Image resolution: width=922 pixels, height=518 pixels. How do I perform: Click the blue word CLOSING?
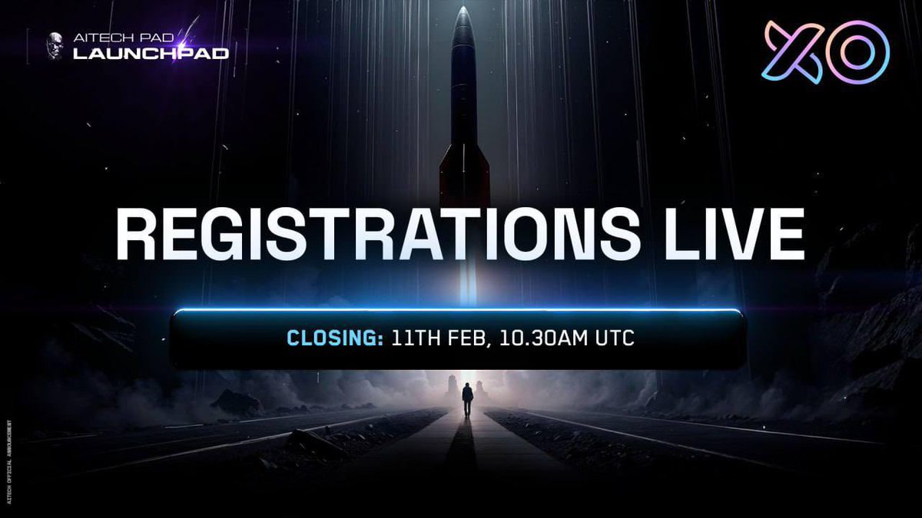[x=335, y=338]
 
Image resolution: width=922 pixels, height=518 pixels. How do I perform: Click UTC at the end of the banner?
[x=615, y=338]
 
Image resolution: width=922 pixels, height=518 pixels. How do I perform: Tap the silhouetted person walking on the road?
[x=467, y=400]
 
